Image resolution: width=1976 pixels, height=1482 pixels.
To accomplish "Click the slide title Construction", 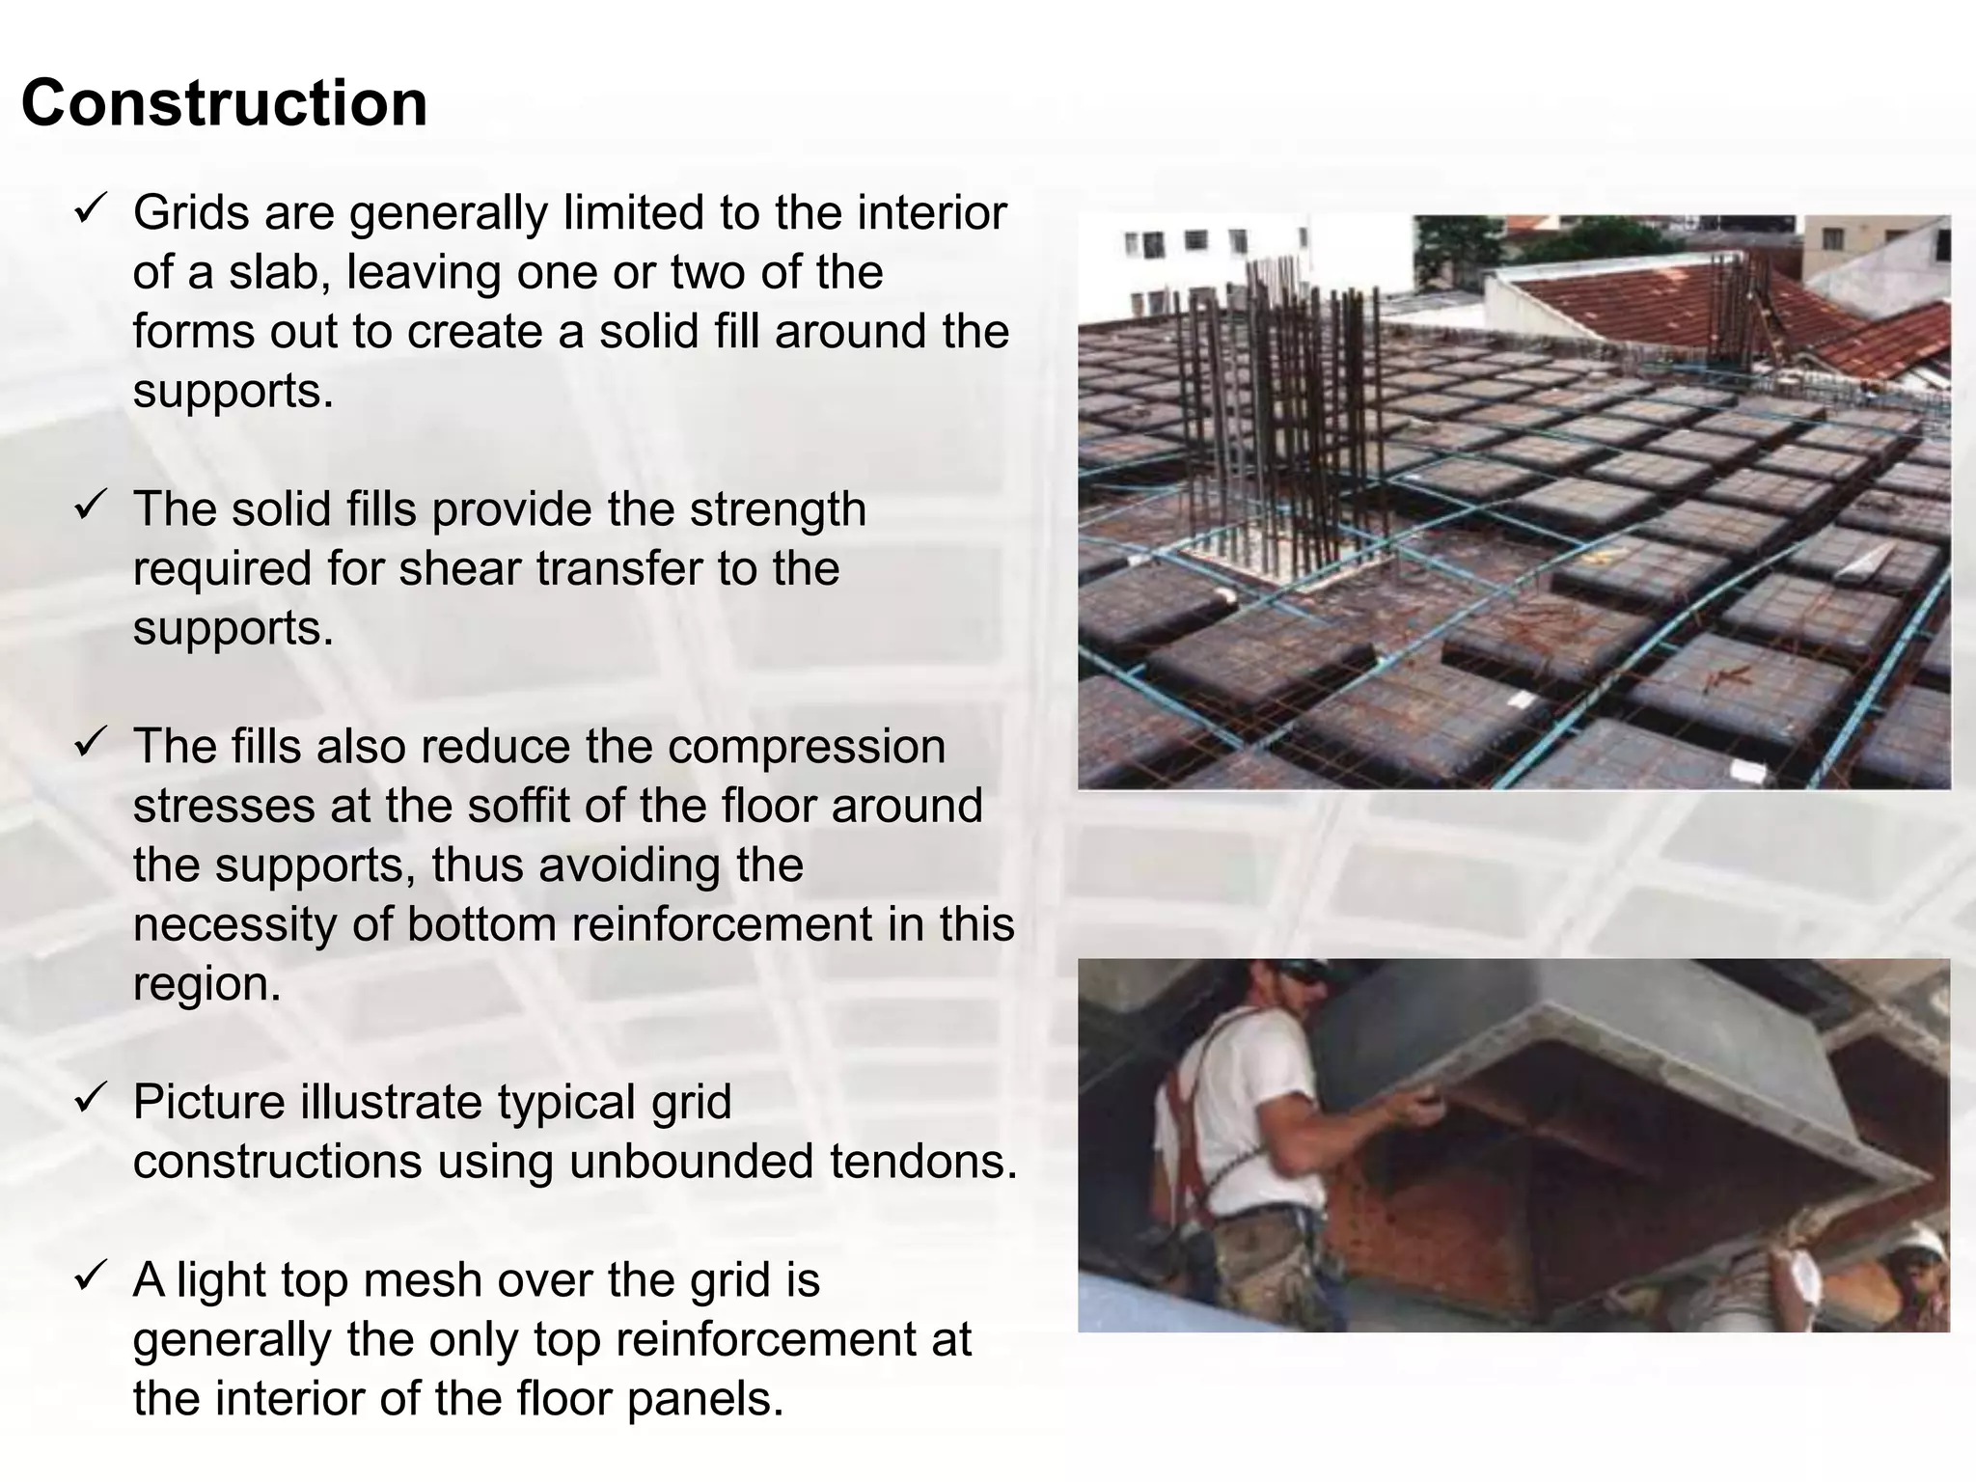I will (x=224, y=103).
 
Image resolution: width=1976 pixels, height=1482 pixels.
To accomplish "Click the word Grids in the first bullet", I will (x=189, y=213).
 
